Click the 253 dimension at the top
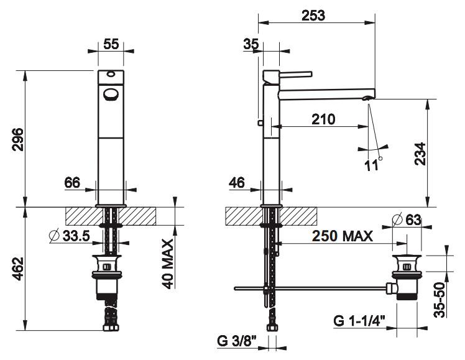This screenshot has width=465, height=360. coord(313,16)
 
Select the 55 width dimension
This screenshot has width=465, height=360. coord(111,44)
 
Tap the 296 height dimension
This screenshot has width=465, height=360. coord(18,139)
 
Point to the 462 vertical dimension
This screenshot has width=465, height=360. coord(18,269)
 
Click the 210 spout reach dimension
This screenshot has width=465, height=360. coord(323,119)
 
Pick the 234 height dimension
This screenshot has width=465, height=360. coord(420,154)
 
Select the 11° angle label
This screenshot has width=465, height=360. coord(373,164)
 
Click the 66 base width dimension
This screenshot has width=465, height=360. coord(72,183)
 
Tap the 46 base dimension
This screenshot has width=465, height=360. coord(237,183)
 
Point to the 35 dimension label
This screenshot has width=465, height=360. coord(251,44)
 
